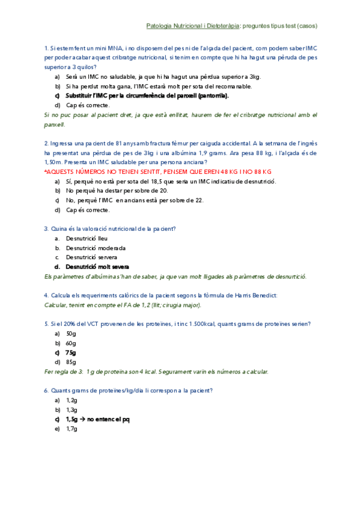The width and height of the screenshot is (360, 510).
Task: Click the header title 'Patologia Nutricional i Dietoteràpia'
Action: point(193,26)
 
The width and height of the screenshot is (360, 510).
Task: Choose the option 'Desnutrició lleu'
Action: point(87,238)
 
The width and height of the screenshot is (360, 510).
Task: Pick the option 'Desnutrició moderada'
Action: point(96,248)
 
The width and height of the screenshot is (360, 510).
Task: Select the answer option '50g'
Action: point(71,333)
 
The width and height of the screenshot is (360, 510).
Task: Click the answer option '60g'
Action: point(71,343)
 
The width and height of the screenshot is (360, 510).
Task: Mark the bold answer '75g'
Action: point(71,352)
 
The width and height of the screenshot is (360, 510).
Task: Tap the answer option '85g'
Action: point(71,362)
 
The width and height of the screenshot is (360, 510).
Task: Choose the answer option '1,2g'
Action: point(72,400)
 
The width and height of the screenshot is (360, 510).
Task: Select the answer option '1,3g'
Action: point(72,410)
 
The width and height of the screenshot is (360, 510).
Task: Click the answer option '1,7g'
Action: point(72,429)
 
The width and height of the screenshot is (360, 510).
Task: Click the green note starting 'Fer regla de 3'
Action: point(156,371)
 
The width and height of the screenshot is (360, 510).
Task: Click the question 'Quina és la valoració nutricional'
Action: point(114,229)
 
